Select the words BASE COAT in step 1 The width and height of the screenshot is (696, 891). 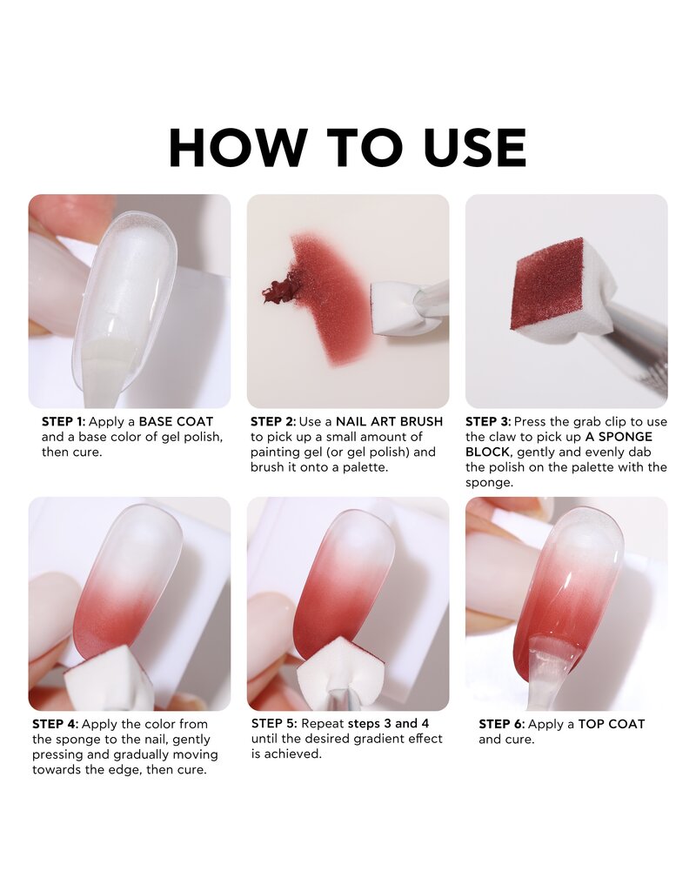click(x=176, y=421)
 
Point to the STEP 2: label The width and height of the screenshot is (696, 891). click(x=273, y=421)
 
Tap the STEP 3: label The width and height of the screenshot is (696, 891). click(x=491, y=421)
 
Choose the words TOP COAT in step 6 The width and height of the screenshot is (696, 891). click(x=612, y=724)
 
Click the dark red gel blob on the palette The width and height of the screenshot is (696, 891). click(x=280, y=288)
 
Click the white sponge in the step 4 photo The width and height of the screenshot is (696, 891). click(x=109, y=679)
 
